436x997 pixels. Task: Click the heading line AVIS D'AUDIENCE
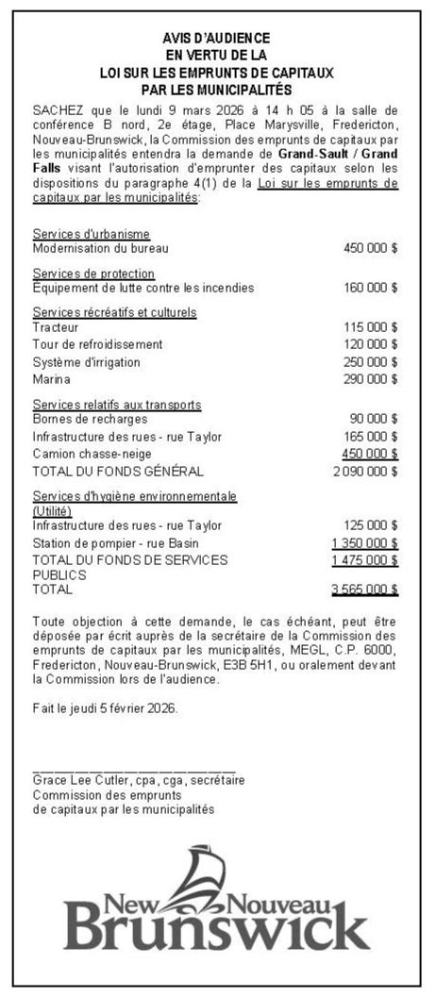pyautogui.click(x=215, y=38)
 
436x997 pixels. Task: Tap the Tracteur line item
pyautogui.click(x=56, y=326)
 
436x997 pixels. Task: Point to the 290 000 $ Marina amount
pyautogui.click(x=370, y=379)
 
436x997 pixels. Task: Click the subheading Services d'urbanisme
pyautogui.click(x=92, y=234)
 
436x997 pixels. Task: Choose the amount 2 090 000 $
pyautogui.click(x=364, y=471)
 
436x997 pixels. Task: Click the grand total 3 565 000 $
pyautogui.click(x=364, y=590)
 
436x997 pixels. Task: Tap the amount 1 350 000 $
pyautogui.click(x=364, y=543)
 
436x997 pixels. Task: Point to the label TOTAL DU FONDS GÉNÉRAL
pyautogui.click(x=118, y=471)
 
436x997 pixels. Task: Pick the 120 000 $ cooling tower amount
pyautogui.click(x=370, y=344)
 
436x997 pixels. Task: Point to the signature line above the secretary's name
pyautogui.click(x=134, y=771)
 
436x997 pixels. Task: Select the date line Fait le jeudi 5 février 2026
pyautogui.click(x=104, y=707)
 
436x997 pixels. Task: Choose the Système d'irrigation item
pyautogui.click(x=86, y=362)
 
